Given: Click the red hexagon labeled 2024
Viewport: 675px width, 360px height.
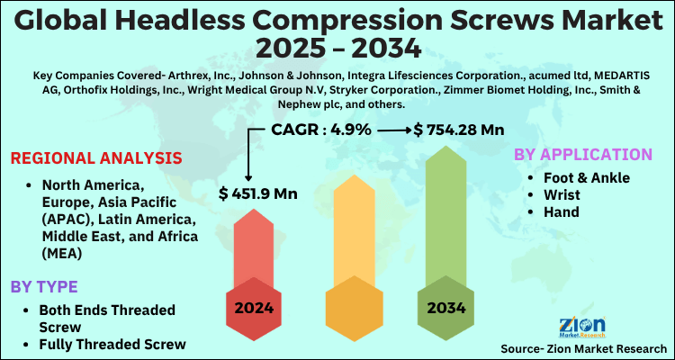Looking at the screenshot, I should pos(255,307).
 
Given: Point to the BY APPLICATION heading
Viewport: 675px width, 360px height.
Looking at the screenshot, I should pos(582,154).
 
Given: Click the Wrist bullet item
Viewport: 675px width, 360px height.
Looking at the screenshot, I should pos(564,194).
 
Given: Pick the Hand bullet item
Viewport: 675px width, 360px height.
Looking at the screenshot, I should pos(562,211).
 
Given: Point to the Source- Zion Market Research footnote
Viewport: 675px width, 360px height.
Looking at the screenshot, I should pos(582,347).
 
